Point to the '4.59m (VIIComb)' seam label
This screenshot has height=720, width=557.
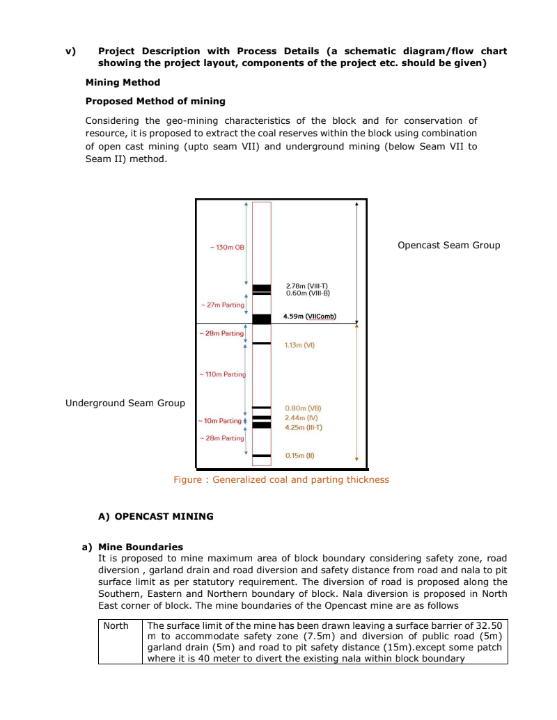tap(309, 317)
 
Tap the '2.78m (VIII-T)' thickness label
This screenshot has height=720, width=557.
tap(306, 286)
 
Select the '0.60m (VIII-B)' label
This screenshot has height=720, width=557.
tap(307, 293)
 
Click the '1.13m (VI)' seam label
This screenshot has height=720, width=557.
tap(301, 344)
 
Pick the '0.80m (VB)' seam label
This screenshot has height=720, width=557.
tap(303, 408)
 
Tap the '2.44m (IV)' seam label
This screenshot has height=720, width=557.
tap(301, 417)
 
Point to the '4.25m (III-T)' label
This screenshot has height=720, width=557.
tap(304, 427)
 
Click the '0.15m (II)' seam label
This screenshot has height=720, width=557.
tap(300, 456)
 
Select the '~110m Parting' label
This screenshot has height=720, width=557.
tap(223, 374)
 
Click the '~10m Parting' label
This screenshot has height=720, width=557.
tap(220, 421)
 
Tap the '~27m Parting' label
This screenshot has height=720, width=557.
tap(223, 305)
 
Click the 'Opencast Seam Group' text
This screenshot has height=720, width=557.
tap(448, 245)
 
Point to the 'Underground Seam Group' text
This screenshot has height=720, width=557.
tap(125, 403)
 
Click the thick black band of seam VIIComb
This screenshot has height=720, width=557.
tap(262, 319)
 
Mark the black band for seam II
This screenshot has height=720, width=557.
tap(262, 456)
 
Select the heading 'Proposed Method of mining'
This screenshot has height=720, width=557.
tap(155, 101)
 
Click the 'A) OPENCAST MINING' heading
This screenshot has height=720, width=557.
tap(156, 516)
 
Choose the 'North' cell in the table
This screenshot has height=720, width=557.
tap(116, 625)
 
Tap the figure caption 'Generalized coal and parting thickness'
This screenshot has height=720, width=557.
tap(281, 479)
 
